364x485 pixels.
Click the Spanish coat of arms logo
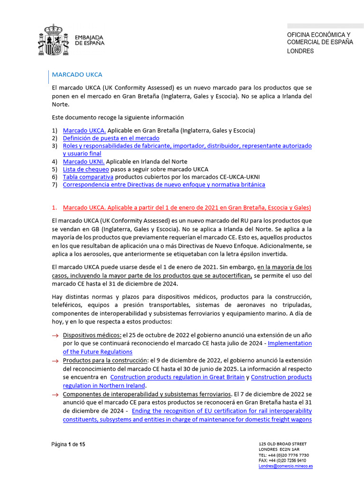53,40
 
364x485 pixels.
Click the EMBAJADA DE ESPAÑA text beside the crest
90,40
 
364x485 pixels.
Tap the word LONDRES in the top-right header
300,51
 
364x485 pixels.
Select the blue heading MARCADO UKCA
77,74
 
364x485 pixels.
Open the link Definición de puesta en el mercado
111,138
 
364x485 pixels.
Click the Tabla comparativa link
88,177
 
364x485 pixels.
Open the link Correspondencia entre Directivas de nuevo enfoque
164,185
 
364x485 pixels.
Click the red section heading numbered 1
187,208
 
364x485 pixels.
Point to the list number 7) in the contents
55,185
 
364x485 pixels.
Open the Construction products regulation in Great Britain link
177,377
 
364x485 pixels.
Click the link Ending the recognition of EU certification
222,411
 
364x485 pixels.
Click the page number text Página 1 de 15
68,444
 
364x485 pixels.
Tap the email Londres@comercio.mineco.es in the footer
285,466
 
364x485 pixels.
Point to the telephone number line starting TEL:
284,455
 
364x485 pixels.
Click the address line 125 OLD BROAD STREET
283,443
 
